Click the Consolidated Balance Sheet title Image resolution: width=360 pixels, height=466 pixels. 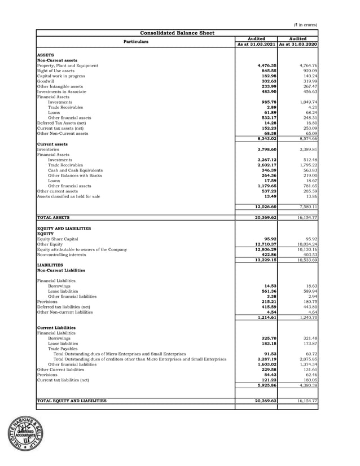point(177,33)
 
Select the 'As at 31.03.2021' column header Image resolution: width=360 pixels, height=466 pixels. point(256,44)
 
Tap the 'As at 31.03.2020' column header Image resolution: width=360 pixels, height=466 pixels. point(298,44)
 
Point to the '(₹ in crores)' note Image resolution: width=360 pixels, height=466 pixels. point(306,25)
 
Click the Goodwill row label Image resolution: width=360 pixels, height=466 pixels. point(46,81)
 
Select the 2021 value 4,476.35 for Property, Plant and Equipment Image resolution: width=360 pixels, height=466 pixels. point(266,66)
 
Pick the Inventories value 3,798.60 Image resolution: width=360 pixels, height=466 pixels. point(266,149)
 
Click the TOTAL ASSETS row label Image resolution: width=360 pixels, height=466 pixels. point(54,217)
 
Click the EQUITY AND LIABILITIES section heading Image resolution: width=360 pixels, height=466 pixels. point(63,228)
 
